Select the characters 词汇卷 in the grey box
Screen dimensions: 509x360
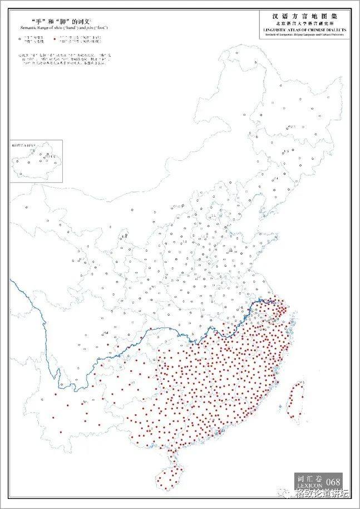click(309, 477)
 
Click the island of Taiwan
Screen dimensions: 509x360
click(293, 400)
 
